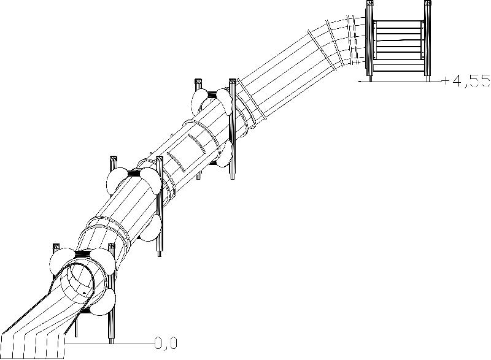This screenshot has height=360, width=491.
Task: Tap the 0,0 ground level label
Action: (x=166, y=343)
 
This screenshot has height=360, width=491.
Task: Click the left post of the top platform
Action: (x=369, y=40)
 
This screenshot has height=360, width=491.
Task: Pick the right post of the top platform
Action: (x=426, y=40)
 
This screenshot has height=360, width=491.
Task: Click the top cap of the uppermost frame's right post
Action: (x=232, y=81)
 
